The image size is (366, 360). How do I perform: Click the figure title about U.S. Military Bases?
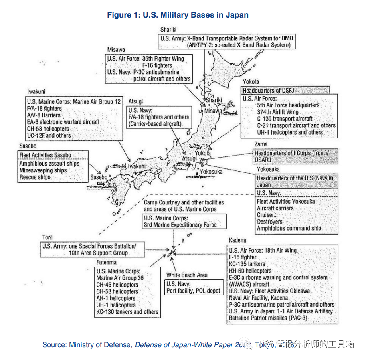point(178,15)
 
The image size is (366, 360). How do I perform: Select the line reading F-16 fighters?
point(157,65)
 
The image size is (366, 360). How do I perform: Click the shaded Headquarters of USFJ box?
point(285,90)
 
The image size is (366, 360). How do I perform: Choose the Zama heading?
point(261,144)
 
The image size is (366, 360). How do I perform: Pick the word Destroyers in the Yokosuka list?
point(269,222)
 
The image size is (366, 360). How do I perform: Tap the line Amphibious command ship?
point(289,228)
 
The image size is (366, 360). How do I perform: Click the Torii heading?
point(47,237)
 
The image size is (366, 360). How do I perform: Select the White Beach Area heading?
point(187,275)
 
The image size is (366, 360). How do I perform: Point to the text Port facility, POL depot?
point(194,291)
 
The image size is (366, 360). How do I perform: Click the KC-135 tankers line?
point(247,264)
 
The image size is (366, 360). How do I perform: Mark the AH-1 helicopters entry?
point(116,298)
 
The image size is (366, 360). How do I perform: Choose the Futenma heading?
point(106,262)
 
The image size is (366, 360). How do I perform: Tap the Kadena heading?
point(237,240)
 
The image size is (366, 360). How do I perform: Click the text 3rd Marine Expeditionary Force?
point(180,225)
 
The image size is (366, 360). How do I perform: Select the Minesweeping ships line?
point(43,170)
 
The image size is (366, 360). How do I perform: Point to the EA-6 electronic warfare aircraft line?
point(63,122)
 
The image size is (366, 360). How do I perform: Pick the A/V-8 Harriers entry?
point(43,115)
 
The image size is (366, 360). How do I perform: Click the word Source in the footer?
point(54,344)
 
